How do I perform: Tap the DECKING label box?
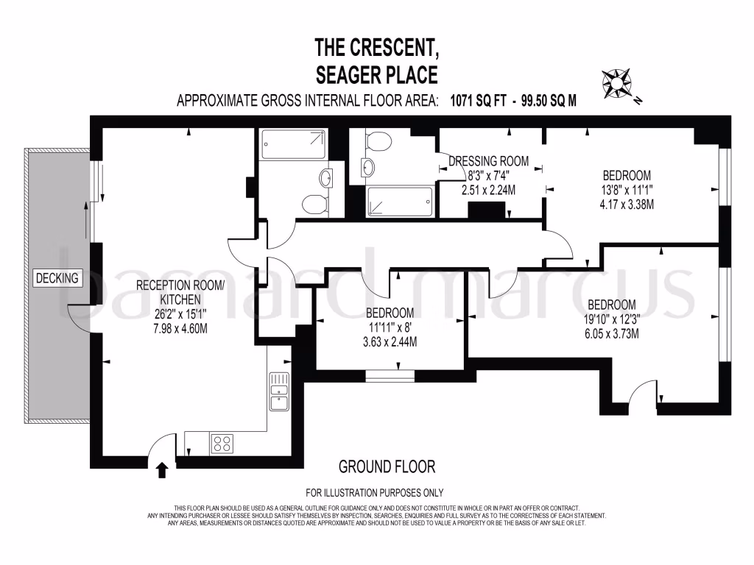(59, 278)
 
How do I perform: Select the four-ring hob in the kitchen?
(222, 444)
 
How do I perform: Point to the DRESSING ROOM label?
(489, 161)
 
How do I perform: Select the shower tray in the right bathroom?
(401, 199)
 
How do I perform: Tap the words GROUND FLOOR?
(387, 466)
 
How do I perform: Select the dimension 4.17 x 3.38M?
(627, 205)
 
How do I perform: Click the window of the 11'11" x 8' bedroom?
(390, 374)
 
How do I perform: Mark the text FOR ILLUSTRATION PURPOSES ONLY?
(375, 493)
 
